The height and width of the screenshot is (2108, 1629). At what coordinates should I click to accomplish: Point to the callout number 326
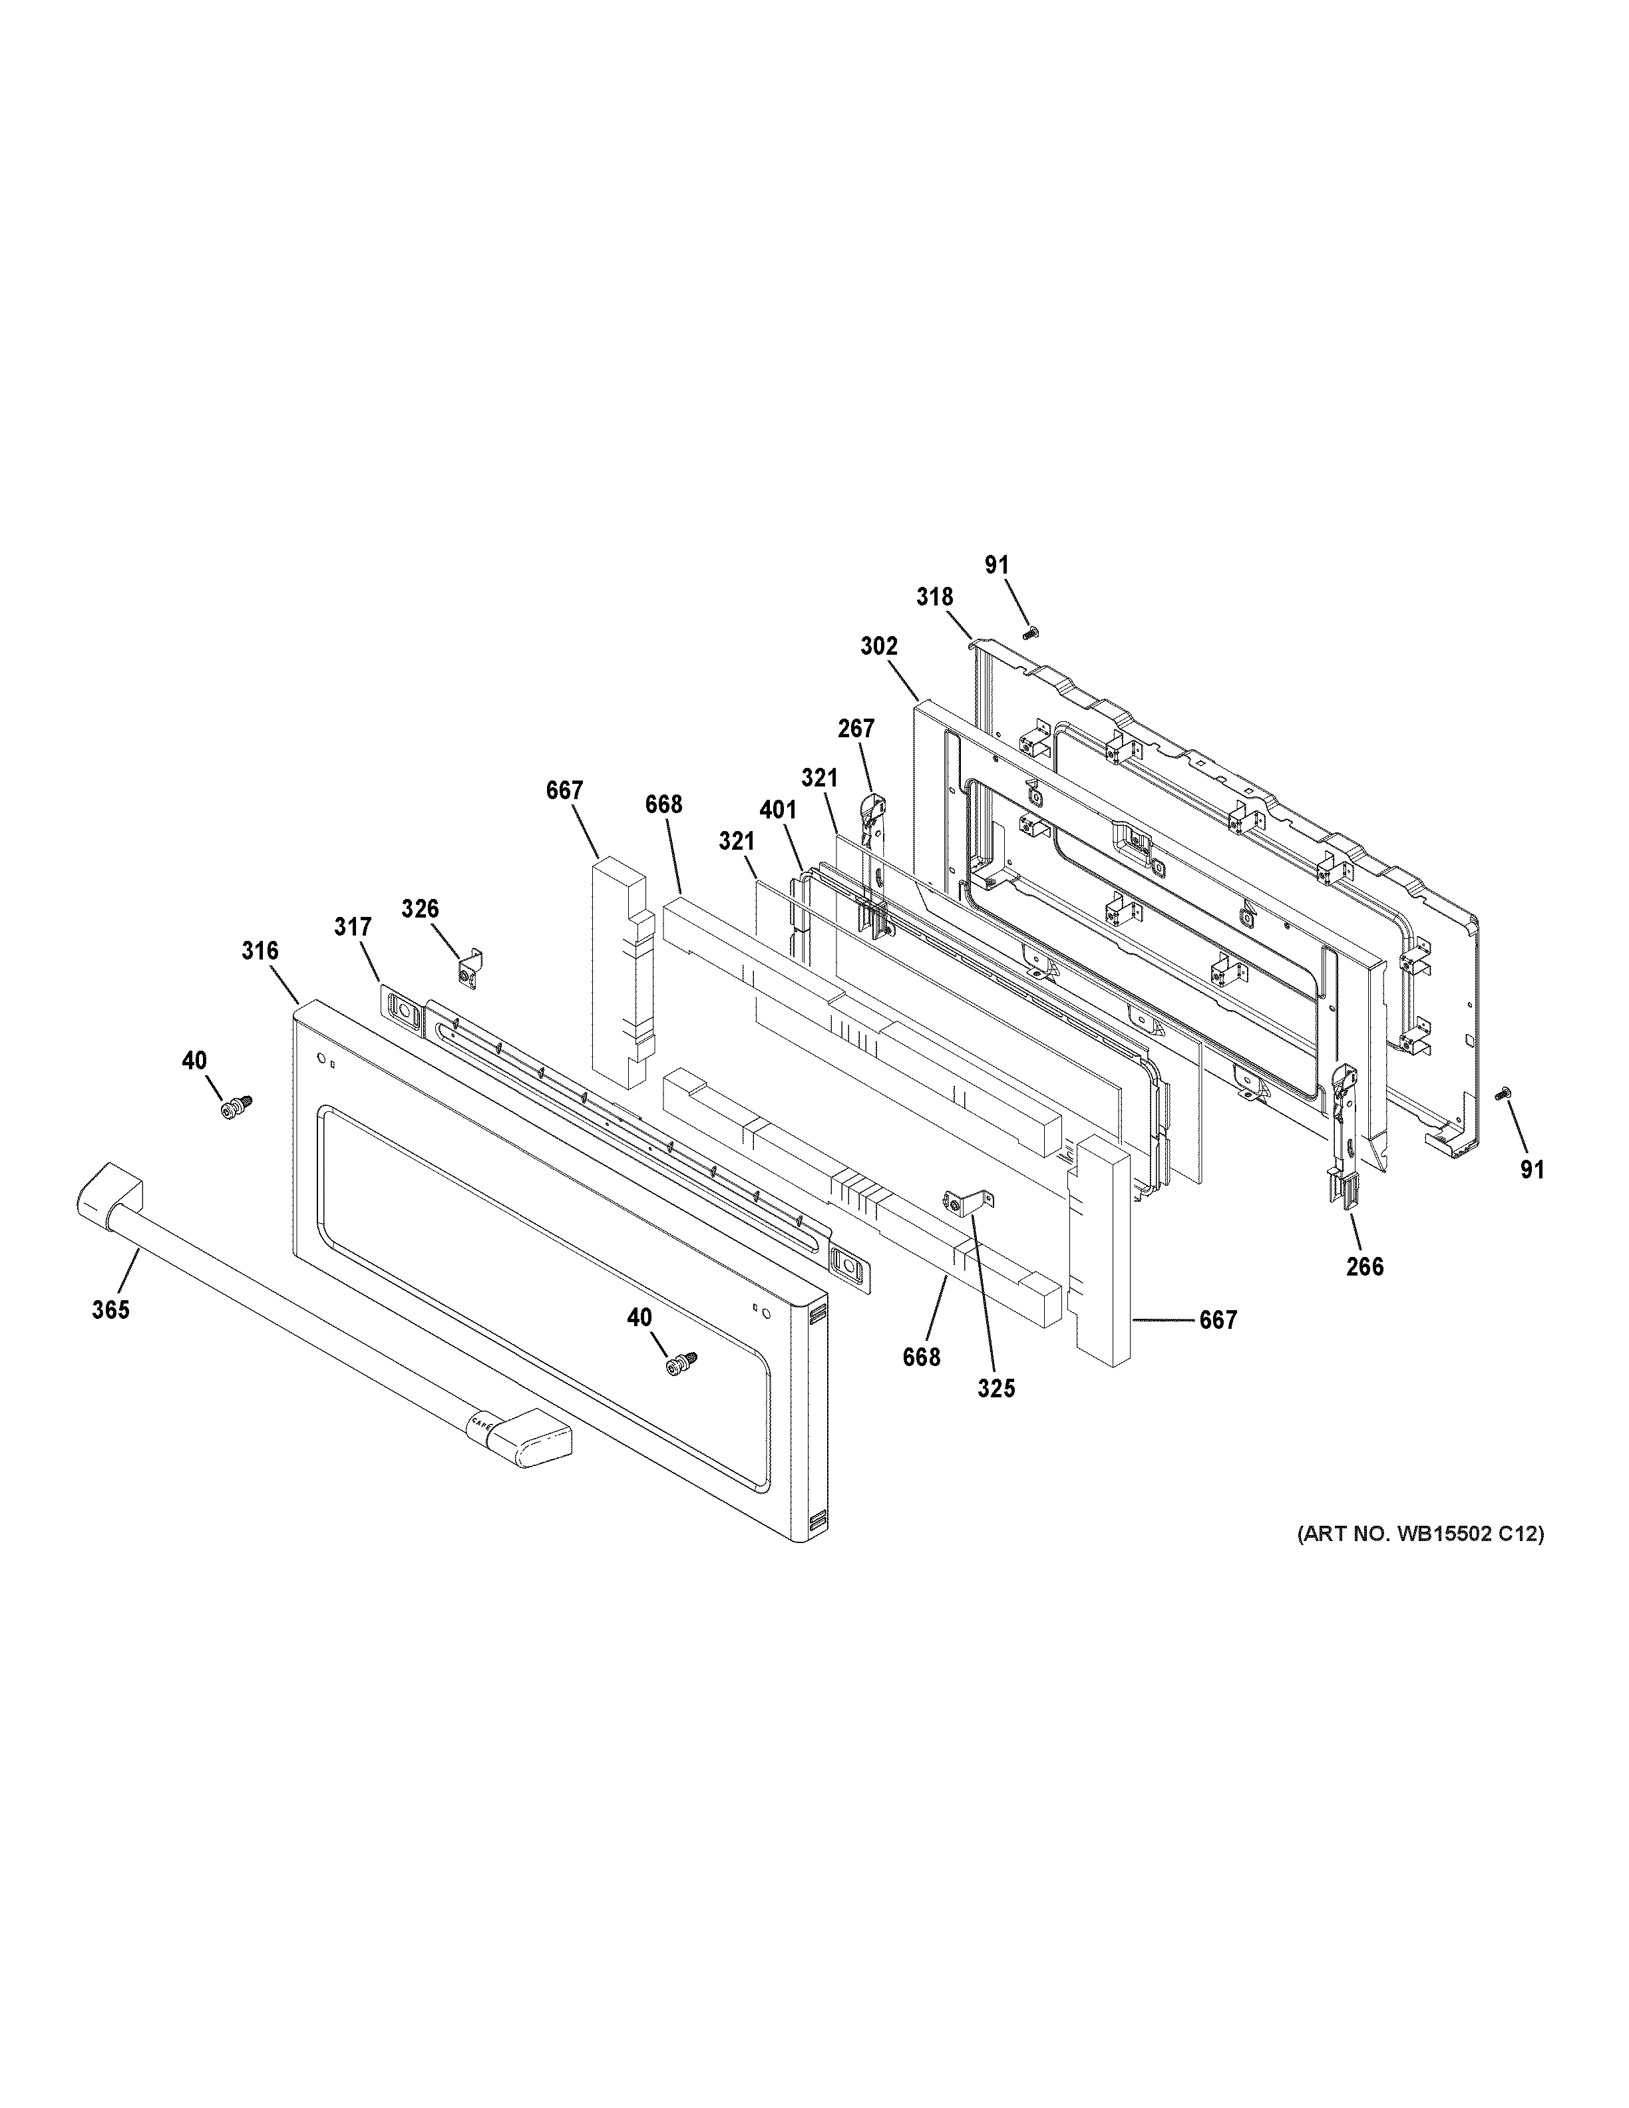420,908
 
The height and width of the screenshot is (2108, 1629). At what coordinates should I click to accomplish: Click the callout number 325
996,1388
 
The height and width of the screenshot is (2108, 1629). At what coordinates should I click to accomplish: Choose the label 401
778,810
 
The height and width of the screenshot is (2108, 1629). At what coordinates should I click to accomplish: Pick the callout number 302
879,647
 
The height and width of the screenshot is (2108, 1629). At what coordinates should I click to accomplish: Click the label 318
934,598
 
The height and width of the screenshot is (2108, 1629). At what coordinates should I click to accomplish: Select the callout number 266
1365,1266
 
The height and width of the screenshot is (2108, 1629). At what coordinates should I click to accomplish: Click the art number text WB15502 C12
1419,1561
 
